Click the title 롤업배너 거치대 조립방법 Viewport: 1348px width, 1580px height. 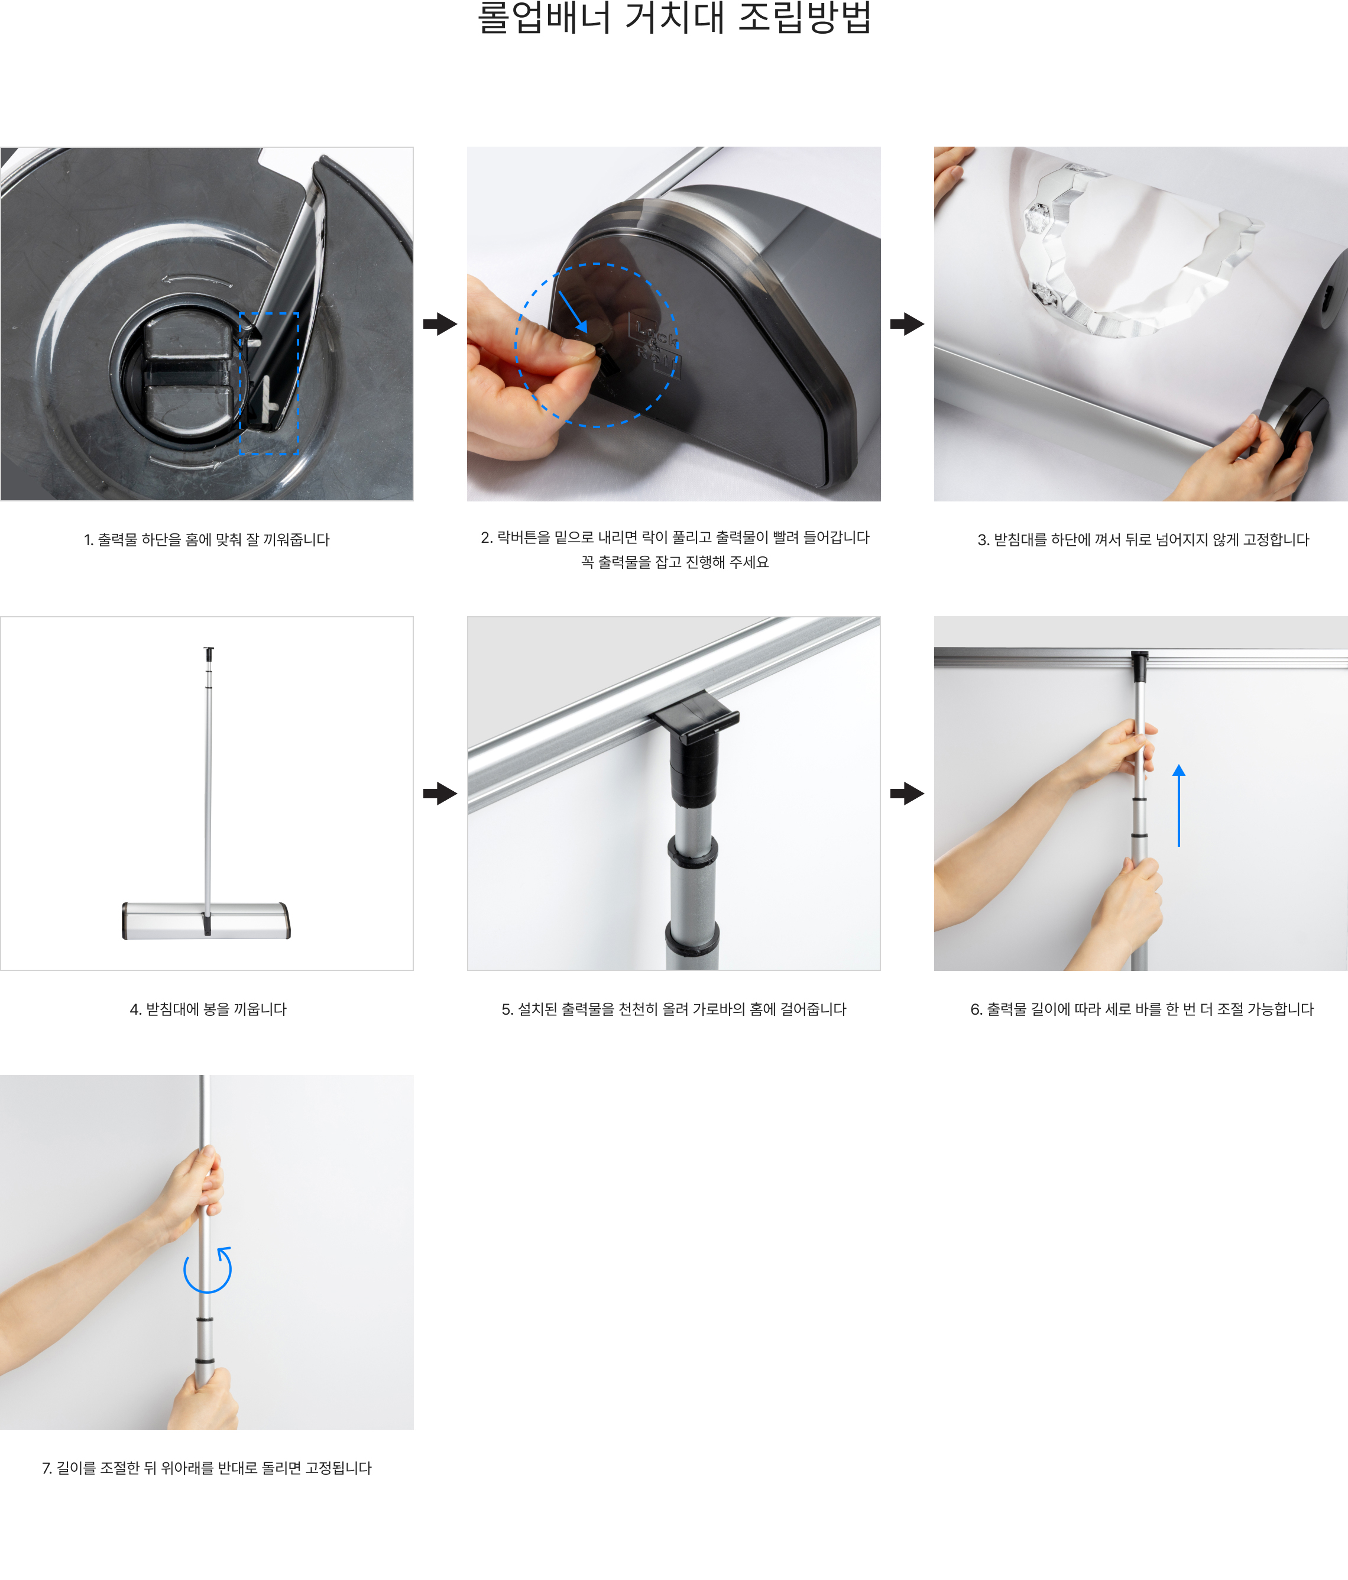674,18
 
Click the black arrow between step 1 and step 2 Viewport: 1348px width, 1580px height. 440,323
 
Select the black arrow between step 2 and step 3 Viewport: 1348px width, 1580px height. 906,323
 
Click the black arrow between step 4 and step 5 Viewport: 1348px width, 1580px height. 440,793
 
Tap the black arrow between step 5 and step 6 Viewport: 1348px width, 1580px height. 906,793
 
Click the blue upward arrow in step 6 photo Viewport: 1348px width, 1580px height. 1179,805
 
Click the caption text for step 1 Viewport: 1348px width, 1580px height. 206,540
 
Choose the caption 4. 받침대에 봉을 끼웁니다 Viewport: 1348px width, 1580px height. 208,1009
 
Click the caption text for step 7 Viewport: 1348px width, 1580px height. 206,1468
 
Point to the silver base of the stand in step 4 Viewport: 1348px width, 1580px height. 206,921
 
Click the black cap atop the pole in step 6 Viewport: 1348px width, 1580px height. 1139,666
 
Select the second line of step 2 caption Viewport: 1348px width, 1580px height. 675,562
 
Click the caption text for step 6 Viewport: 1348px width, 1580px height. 1142,1009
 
